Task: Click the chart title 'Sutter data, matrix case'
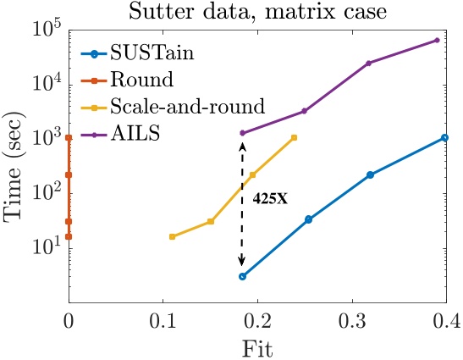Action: point(256,12)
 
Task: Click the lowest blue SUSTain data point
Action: point(242,276)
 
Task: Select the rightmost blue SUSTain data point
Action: point(444,137)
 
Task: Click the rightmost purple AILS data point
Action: point(437,40)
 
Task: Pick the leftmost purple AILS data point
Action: point(242,133)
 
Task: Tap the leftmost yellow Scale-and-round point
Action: point(172,236)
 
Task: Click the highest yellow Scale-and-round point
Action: point(294,137)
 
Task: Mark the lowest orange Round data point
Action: point(69,236)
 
